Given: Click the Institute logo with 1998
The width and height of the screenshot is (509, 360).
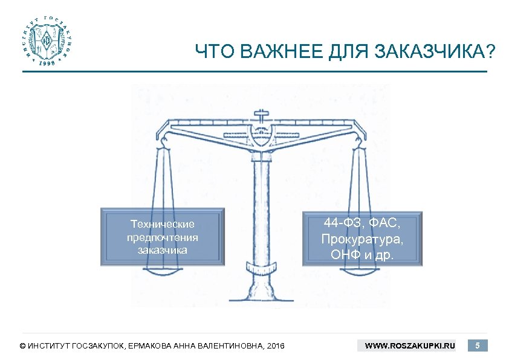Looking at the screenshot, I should click(46, 41).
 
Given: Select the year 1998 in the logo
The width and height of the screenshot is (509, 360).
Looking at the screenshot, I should click(46, 62).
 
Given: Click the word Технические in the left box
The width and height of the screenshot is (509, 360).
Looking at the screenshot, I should click(163, 225).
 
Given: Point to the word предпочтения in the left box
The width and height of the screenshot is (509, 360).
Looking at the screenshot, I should click(163, 237).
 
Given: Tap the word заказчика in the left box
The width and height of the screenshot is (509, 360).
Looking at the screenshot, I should click(163, 249).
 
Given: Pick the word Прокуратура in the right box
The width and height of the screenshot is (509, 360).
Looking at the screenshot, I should click(362, 239).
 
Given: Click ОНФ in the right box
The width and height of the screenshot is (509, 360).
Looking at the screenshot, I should click(344, 254).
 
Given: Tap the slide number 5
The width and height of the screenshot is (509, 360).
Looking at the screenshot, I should click(478, 346).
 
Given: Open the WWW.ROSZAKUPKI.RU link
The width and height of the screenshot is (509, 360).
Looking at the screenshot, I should click(410, 346).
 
